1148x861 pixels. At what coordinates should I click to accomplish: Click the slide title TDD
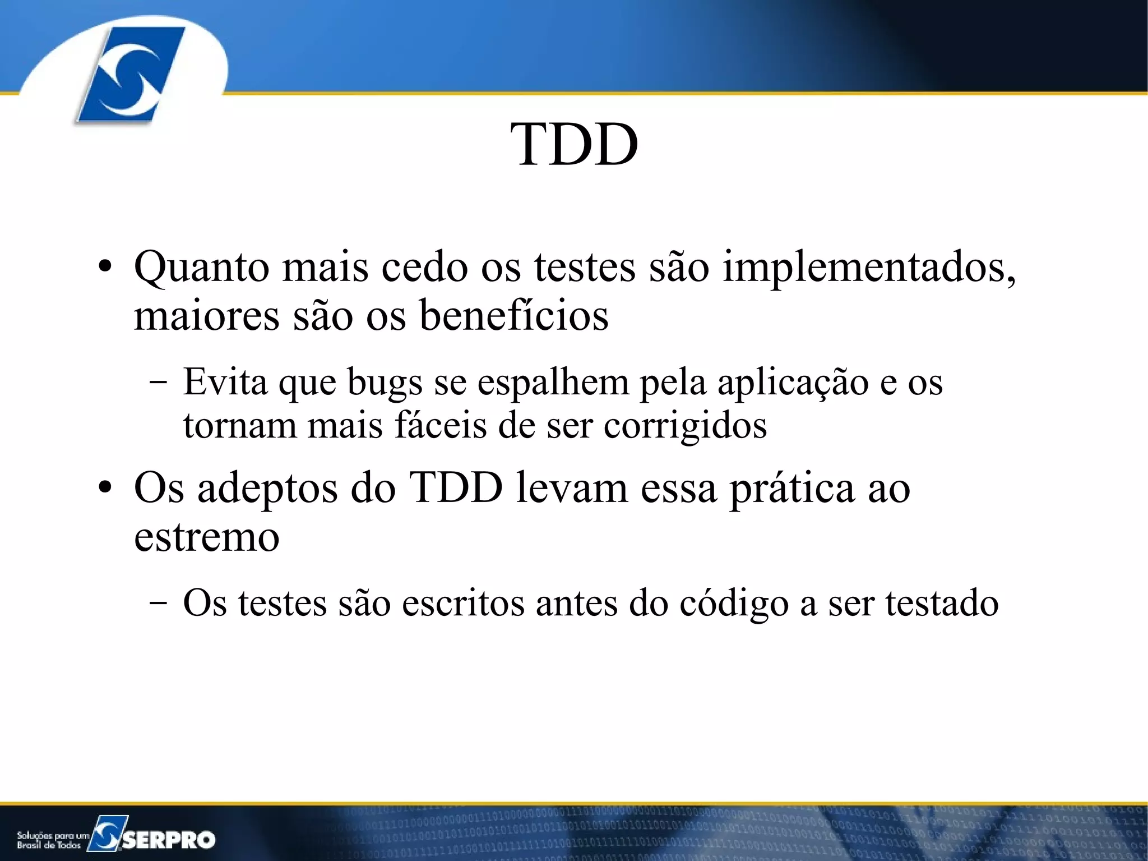coord(574,145)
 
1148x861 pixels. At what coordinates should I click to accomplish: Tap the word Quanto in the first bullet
coord(201,268)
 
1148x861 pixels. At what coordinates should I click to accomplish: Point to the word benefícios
coord(513,316)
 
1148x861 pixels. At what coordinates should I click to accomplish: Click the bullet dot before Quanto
coord(105,268)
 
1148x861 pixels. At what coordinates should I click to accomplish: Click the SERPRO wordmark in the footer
coord(168,839)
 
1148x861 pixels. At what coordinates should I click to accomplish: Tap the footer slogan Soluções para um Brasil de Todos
coord(52,840)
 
